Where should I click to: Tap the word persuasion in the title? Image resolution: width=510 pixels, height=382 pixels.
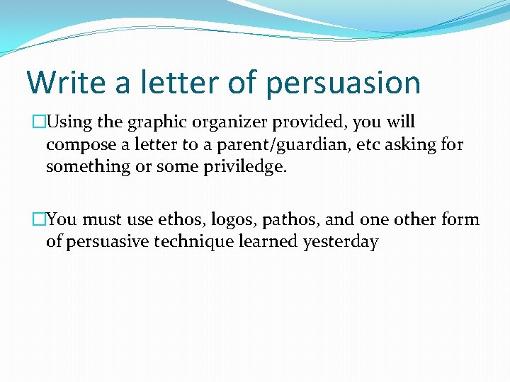343,83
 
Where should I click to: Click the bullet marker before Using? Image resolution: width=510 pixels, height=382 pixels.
38,122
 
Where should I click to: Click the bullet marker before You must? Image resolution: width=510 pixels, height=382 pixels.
38,220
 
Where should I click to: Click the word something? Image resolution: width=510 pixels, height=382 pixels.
82,168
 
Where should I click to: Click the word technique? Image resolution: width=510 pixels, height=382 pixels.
198,242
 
